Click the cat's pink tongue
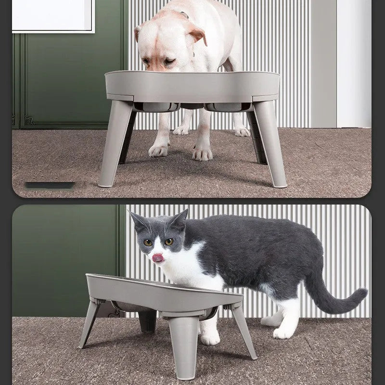click(157, 258)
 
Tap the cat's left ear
click(138, 222)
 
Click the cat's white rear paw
click(284, 332)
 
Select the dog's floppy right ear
click(197, 34)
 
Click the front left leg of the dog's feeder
click(114, 144)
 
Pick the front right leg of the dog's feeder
click(270, 144)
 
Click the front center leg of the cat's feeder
click(184, 346)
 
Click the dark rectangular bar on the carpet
click(50, 185)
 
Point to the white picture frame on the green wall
click(53, 15)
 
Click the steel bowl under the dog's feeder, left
click(156, 106)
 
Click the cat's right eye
click(148, 243)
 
